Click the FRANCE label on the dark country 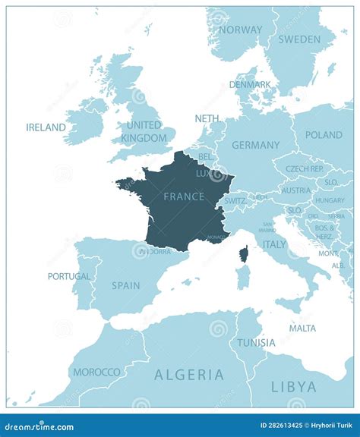184,196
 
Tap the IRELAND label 46,127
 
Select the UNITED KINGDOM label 144,132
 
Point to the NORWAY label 240,30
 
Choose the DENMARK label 250,85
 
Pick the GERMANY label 255,145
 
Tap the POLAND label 324,135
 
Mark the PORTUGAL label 69,277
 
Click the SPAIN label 125,286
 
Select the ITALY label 274,244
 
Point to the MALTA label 302,329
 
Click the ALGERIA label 189,375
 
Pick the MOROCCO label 96,372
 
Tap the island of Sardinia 243,278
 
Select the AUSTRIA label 295,190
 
